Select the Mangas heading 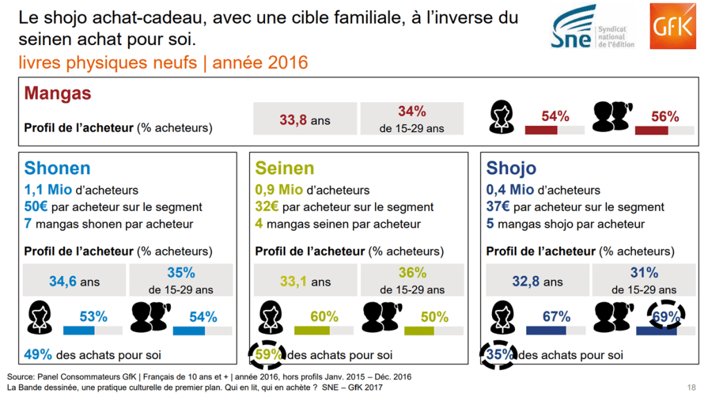click(x=57, y=93)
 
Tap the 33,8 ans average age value click(x=305, y=120)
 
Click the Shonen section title click(x=57, y=168)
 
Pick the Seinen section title click(x=284, y=168)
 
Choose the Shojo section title click(x=511, y=168)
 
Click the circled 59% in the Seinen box click(x=267, y=354)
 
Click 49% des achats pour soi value click(x=38, y=355)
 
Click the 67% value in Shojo click(x=556, y=316)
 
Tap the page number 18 click(x=691, y=387)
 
